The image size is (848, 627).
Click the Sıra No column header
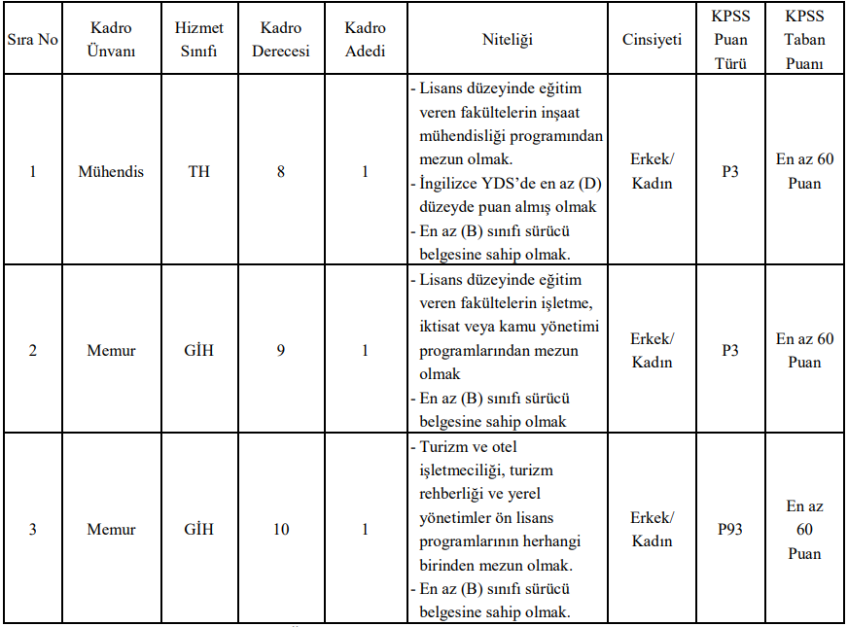pyautogui.click(x=32, y=41)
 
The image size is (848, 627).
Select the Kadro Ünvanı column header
pyautogui.click(x=110, y=40)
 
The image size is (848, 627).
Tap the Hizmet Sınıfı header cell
pyautogui.click(x=197, y=40)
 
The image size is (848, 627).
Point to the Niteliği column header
pyautogui.click(x=508, y=41)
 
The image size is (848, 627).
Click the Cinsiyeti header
pyautogui.click(x=652, y=41)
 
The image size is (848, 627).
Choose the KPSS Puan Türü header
pyautogui.click(x=729, y=41)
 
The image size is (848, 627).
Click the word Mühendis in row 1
pyautogui.click(x=110, y=172)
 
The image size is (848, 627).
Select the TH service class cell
pyautogui.click(x=197, y=172)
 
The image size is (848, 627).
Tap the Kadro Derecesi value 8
pyautogui.click(x=280, y=172)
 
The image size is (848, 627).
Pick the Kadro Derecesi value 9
pyautogui.click(x=280, y=351)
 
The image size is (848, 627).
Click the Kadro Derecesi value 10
pyautogui.click(x=280, y=530)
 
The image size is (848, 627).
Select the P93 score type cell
pyautogui.click(x=729, y=530)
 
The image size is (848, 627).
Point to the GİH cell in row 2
pyautogui.click(x=197, y=351)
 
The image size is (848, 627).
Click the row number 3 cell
pyautogui.click(x=32, y=530)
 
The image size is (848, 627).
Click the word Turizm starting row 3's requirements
pyautogui.click(x=442, y=447)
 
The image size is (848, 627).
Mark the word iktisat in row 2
pyautogui.click(x=442, y=328)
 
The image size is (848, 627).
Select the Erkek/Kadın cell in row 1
pyautogui.click(x=652, y=172)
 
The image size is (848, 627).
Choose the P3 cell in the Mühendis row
pyautogui.click(x=729, y=172)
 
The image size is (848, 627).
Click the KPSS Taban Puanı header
pyautogui.click(x=805, y=41)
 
